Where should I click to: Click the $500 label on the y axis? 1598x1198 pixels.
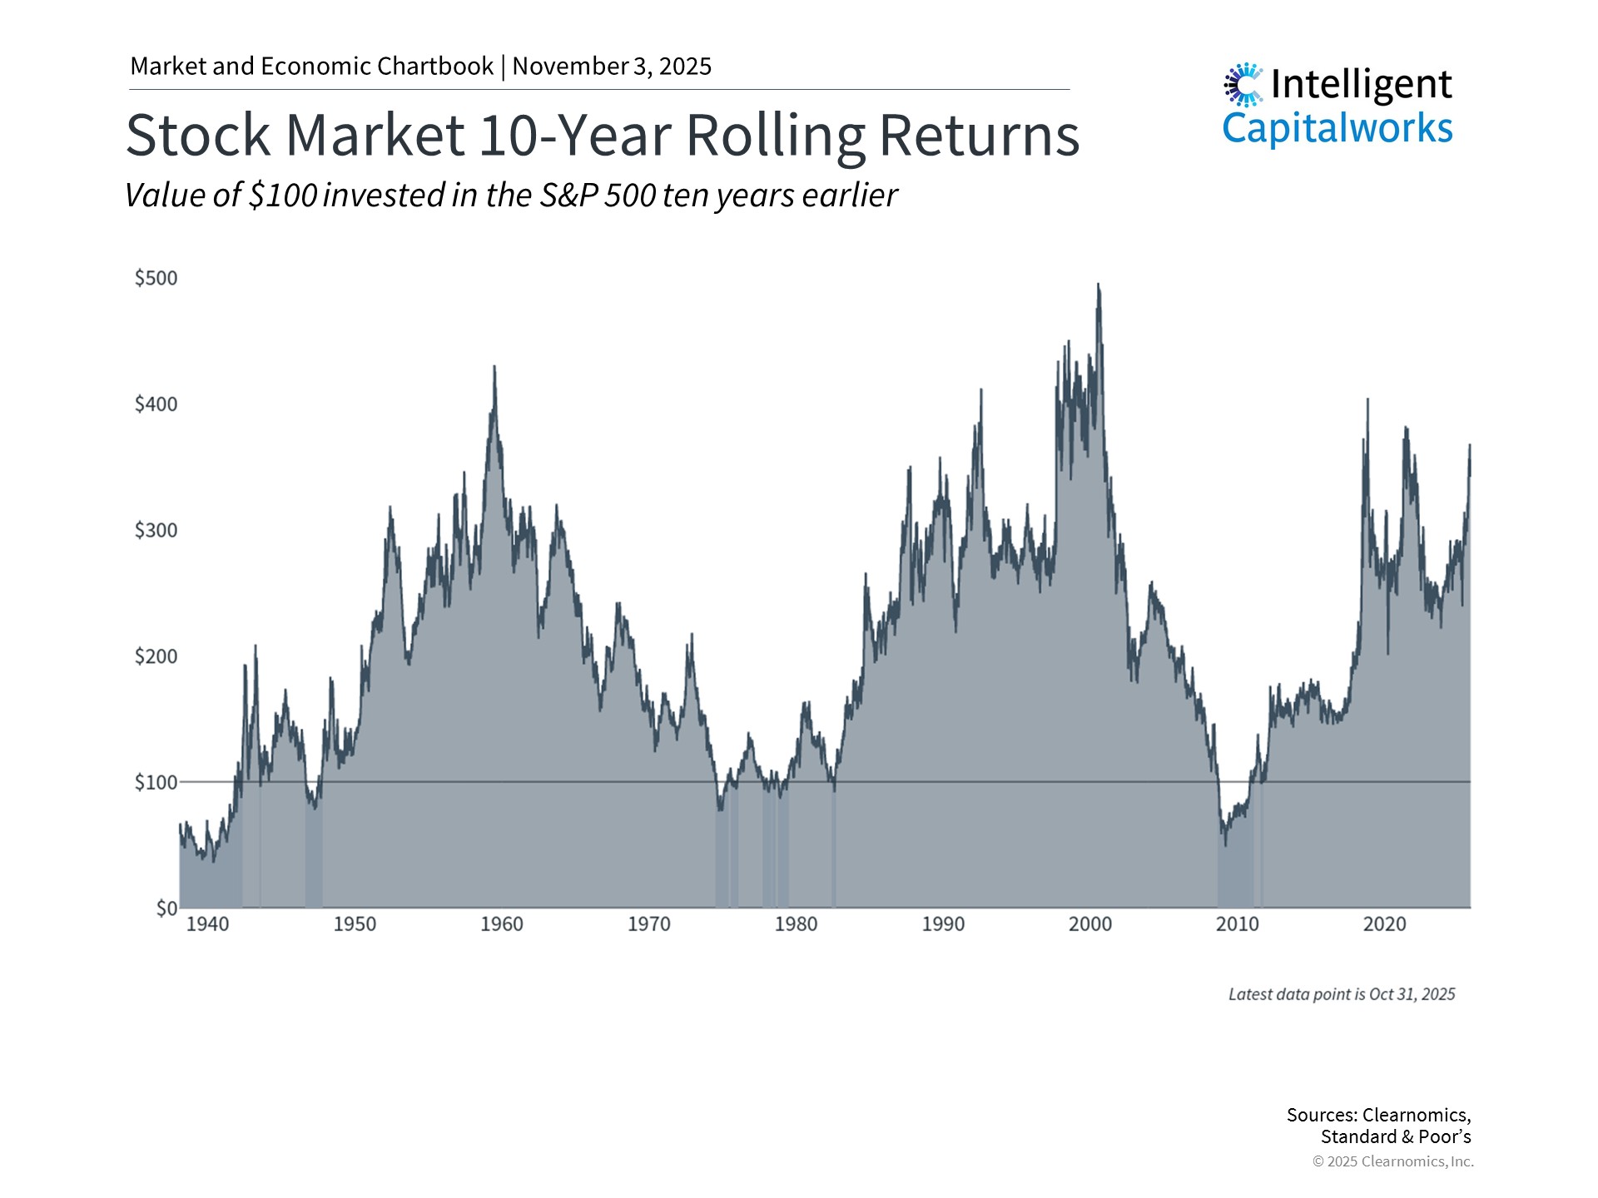pos(156,278)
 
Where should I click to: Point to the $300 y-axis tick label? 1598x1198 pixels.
pos(156,530)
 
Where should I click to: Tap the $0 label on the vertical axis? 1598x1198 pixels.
pos(166,908)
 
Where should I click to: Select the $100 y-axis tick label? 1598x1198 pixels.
pos(156,782)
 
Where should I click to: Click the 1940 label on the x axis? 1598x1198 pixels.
pos(207,924)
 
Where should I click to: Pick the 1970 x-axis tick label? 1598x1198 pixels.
pos(649,924)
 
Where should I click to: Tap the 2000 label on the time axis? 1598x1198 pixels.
pos(1090,924)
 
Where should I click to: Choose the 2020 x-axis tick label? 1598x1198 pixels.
pos(1384,924)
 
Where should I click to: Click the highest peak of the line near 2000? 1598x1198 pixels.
pos(1098,285)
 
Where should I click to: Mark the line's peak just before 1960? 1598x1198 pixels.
pos(494,367)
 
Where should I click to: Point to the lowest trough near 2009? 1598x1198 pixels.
pos(1225,844)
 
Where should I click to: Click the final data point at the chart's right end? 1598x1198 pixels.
pos(1470,474)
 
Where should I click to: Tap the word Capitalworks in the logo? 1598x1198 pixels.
pos(1337,128)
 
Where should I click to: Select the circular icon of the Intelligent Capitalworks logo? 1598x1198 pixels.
pos(1243,84)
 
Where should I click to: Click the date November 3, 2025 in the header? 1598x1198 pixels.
pos(612,67)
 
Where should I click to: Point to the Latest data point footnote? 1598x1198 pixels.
pos(1342,994)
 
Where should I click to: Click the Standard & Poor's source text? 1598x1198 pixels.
pos(1396,1136)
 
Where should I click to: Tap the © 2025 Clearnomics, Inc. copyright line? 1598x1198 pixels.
pos(1392,1161)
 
